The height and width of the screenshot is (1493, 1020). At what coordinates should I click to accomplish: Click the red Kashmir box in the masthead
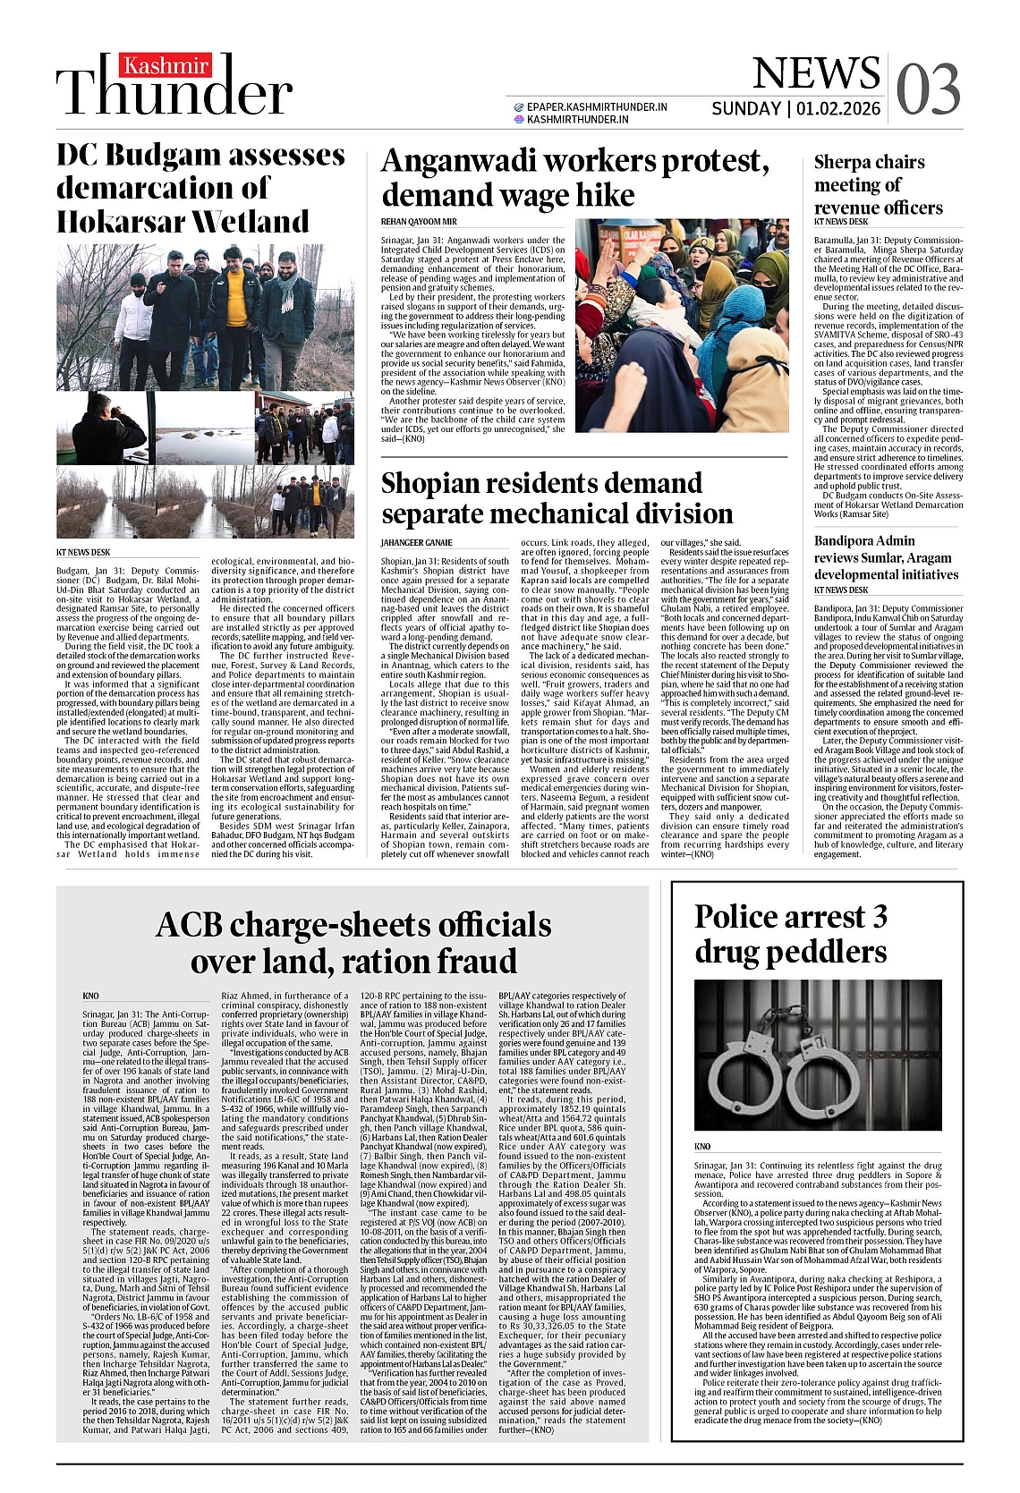(x=166, y=66)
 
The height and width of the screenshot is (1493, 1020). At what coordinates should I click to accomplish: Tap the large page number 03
(x=928, y=89)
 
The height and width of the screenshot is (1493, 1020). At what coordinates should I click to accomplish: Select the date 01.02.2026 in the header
(x=838, y=109)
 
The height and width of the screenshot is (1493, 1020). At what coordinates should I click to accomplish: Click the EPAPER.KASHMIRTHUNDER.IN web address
(x=596, y=106)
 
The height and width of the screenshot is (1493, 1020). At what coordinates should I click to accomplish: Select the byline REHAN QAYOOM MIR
(x=419, y=222)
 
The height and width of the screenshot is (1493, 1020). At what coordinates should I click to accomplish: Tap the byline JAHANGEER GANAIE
(x=416, y=543)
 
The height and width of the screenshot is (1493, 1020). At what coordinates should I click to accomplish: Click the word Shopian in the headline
(x=438, y=483)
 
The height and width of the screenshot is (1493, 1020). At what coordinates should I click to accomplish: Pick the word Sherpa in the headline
(x=842, y=162)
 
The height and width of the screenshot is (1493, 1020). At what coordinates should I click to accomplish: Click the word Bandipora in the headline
(x=852, y=540)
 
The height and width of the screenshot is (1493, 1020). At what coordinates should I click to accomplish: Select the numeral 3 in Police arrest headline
(x=880, y=917)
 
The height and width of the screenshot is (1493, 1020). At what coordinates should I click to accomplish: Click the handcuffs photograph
(x=818, y=1055)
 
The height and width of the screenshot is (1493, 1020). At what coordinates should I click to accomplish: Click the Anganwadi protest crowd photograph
(x=682, y=326)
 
